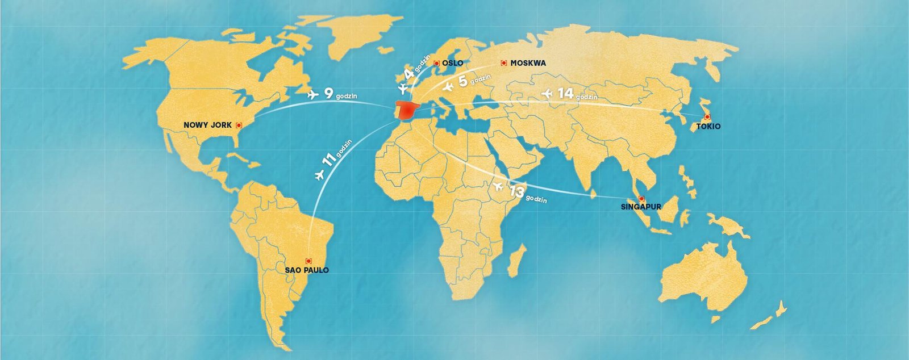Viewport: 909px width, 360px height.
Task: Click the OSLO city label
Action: tap(453, 63)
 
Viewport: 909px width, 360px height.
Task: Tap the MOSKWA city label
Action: tap(528, 63)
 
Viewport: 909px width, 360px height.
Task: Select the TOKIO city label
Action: tap(708, 126)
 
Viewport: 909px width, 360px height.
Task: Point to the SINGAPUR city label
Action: tap(641, 207)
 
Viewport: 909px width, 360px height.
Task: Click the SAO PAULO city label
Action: tap(307, 270)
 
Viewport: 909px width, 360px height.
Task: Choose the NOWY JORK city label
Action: tap(208, 125)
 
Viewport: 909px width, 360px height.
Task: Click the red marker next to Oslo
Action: tap(436, 63)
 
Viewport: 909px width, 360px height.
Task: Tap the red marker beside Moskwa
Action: tap(503, 63)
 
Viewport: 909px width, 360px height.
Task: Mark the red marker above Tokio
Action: tap(707, 117)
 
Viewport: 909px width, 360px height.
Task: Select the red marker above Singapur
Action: tap(641, 199)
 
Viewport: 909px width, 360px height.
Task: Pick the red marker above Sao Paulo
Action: tap(308, 261)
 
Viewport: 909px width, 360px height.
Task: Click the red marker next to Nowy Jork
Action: tap(239, 125)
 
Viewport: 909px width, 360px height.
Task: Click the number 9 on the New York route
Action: tap(328, 93)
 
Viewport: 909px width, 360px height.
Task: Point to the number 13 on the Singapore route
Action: tap(516, 192)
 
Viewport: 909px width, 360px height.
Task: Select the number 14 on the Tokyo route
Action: tap(565, 93)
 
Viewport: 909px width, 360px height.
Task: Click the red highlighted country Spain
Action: tap(408, 111)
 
